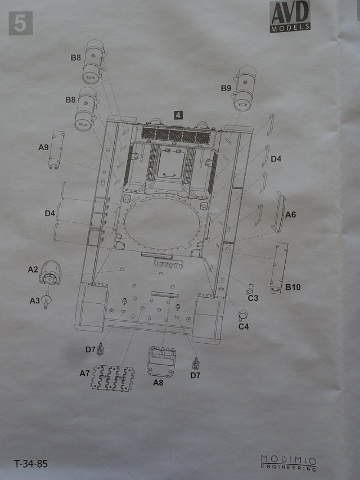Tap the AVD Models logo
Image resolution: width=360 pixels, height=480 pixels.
point(290,17)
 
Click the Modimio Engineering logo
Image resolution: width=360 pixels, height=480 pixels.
point(289,462)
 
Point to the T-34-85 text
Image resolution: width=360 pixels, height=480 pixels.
point(31,464)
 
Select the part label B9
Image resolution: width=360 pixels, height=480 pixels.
point(226,88)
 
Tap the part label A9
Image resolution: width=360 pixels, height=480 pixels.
point(44,147)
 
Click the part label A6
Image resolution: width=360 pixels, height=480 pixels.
point(291,214)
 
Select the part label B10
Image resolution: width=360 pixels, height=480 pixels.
point(293,288)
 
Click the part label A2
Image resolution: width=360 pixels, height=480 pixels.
point(33,270)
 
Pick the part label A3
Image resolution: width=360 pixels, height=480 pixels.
point(35,300)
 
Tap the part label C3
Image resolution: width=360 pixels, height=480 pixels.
point(253,298)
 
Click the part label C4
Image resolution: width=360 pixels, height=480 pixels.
point(244,326)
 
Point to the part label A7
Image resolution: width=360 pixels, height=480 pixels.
point(84,373)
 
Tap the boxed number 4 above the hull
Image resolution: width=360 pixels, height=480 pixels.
point(178,115)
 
